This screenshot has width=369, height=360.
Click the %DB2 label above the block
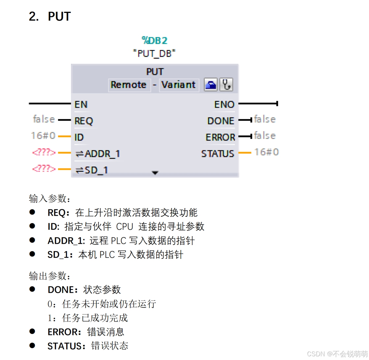coord(154,40)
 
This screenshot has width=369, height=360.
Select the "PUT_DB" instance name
coord(154,53)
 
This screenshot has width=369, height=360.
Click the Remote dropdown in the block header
coord(129,85)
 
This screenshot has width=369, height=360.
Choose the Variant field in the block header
coord(178,85)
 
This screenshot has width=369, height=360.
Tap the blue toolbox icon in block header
coord(211,85)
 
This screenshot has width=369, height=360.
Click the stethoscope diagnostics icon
coord(226,85)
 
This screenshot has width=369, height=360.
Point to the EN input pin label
coord(81,104)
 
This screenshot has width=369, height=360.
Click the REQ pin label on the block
coord(84,121)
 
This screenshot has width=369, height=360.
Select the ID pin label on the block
coord(79,137)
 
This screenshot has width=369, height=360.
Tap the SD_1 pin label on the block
coord(96,170)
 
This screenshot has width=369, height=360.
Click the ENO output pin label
coord(224,104)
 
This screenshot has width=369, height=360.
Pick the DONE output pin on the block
coord(221,121)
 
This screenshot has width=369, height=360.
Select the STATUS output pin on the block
coord(218,153)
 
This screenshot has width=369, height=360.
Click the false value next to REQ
coord(44,119)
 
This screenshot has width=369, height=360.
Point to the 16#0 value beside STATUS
coord(267,152)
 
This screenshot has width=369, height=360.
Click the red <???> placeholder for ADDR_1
coord(44,152)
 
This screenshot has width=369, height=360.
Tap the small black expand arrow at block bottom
coord(155,173)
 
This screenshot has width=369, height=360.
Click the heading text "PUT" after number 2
coord(59,16)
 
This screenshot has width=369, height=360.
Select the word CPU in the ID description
coord(125,227)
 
